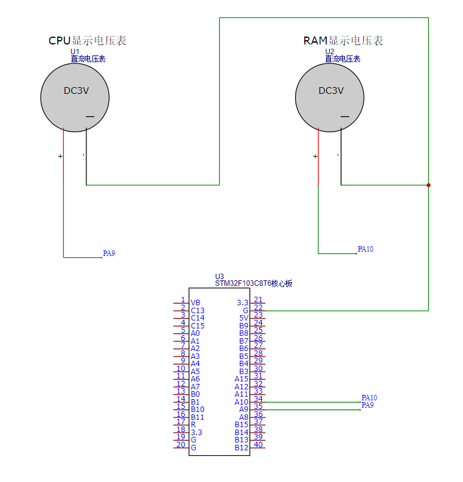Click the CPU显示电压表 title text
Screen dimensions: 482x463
pyautogui.click(x=87, y=41)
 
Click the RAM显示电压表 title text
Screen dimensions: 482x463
pyautogui.click(x=343, y=41)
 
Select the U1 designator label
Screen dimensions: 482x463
pyautogui.click(x=75, y=52)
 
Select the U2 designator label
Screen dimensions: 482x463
pyautogui.click(x=329, y=52)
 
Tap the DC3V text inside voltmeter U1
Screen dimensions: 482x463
pyautogui.click(x=76, y=91)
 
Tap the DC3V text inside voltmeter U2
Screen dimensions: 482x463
pyautogui.click(x=331, y=91)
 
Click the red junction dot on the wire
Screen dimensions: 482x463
pyautogui.click(x=428, y=185)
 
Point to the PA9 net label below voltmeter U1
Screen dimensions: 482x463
pyautogui.click(x=109, y=253)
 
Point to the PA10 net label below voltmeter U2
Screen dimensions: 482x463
pyautogui.click(x=365, y=249)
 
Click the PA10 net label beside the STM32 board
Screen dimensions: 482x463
pyautogui.click(x=369, y=398)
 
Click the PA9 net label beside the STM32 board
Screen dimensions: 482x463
pyautogui.click(x=367, y=405)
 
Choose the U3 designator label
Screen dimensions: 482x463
pyautogui.click(x=219, y=277)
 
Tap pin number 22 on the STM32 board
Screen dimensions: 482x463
pyautogui.click(x=258, y=308)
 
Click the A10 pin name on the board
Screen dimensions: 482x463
pyautogui.click(x=242, y=402)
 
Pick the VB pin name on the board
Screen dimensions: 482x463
pyautogui.click(x=195, y=303)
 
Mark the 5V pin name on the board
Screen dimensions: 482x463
pyautogui.click(x=243, y=318)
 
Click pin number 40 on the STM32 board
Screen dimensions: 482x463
pyautogui.click(x=258, y=445)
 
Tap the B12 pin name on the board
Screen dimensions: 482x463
pyautogui.click(x=242, y=448)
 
